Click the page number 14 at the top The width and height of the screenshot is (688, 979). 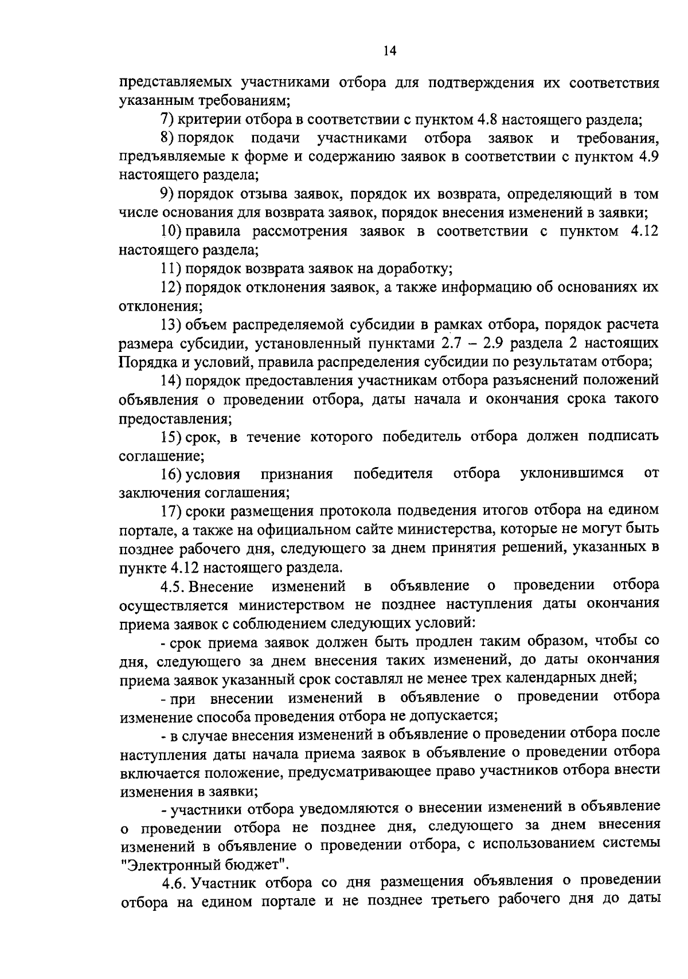pos(389,52)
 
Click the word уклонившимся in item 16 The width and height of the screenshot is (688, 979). pos(572,474)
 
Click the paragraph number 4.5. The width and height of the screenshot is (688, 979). pos(171,586)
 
